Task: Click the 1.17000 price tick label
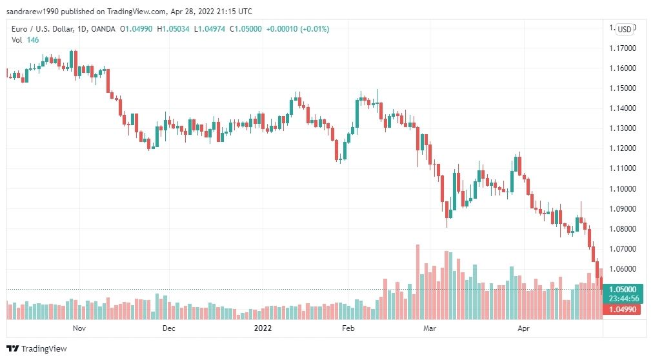point(623,48)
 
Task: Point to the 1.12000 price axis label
point(623,148)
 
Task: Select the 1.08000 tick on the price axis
point(623,228)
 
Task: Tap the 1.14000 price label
point(623,108)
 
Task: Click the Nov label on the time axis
point(79,328)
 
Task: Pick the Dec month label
point(168,328)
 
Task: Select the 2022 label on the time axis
point(263,328)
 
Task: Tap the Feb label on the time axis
point(348,328)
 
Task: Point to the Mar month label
point(430,328)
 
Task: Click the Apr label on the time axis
point(523,328)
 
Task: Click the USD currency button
point(624,29)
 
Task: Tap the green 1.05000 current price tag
point(623,289)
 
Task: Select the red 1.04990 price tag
point(622,309)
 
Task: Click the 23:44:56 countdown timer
point(623,299)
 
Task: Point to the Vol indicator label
point(17,40)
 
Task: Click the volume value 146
point(33,40)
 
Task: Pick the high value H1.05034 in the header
point(173,29)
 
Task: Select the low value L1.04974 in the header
point(210,29)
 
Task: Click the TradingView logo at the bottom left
point(37,349)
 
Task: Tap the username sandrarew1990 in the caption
point(32,11)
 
